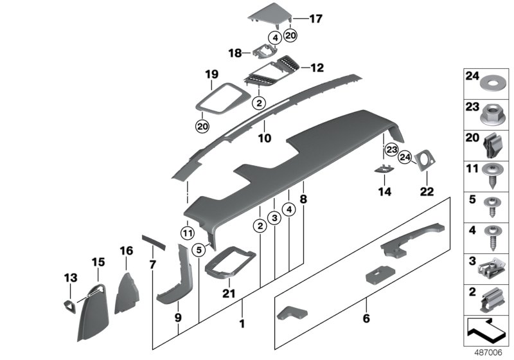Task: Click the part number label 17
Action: click(315, 19)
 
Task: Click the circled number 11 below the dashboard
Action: click(186, 232)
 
